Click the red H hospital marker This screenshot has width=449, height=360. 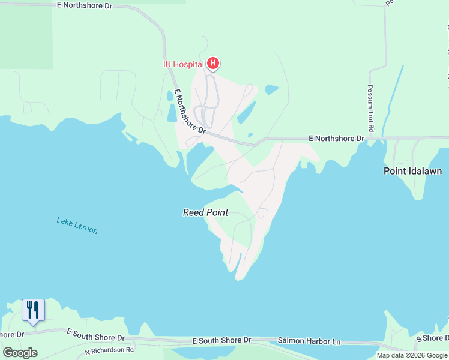coord(212,63)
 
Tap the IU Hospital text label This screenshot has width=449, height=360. coord(183,64)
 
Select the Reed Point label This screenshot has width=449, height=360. coord(205,212)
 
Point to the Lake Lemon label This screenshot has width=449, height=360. coord(77,225)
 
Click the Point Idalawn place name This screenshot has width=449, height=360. coord(412,171)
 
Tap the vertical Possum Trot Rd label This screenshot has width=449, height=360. coord(370,109)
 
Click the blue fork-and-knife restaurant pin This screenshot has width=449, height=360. coord(33,310)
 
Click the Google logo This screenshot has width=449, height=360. coord(20,353)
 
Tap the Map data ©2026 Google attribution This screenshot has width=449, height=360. coord(412,355)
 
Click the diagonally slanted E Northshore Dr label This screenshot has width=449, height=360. coord(190,112)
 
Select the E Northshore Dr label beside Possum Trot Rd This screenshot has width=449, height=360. coord(336,138)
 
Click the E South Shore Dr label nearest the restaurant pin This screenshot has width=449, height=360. coord(96,334)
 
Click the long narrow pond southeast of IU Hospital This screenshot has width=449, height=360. coord(246,112)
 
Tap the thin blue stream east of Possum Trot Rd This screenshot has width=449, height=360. coord(393,96)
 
